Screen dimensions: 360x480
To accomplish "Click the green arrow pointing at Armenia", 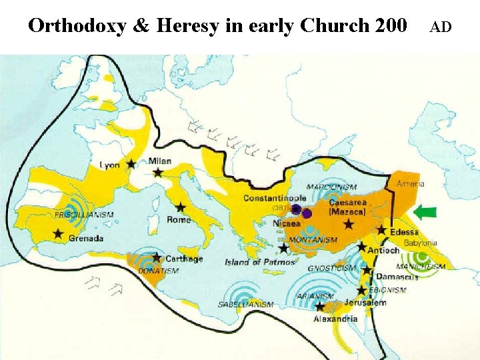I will point(424,212).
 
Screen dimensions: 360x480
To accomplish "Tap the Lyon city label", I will point(110,165).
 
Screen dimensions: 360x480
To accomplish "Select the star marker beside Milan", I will point(158,173).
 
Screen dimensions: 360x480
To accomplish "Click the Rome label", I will point(178,219).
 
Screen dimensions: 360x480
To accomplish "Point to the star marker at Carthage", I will point(157,257).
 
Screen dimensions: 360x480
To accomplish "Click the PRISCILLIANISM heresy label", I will point(84,215).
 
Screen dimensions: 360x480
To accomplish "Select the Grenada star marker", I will point(58,233).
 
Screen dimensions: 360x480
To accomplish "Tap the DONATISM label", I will point(158,271).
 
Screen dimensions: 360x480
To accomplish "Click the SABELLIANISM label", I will point(245,305).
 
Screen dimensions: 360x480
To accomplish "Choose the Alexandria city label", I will point(335,319).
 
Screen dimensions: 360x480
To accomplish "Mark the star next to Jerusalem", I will point(362,291).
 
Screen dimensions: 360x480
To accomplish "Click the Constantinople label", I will point(275,198).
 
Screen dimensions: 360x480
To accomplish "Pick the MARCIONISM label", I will point(332,187).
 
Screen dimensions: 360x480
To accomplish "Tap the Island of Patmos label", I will point(259,262).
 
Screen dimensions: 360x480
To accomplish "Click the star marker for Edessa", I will point(381,229).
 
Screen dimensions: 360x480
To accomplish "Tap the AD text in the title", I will point(440,27).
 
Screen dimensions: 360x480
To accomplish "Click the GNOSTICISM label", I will point(331,268).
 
